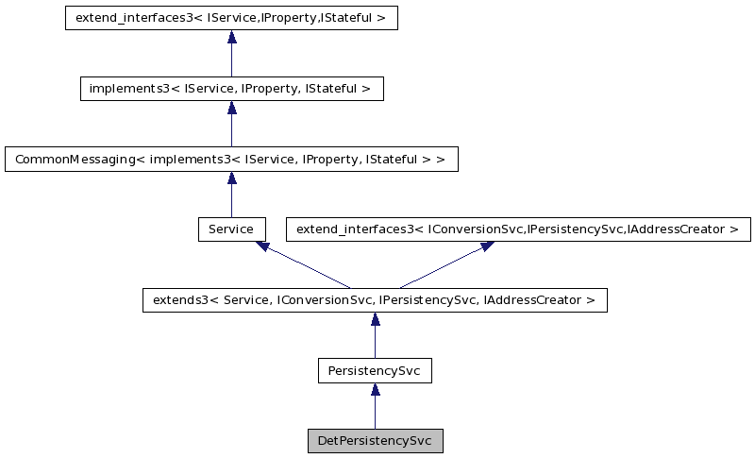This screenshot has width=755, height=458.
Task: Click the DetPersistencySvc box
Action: click(x=375, y=441)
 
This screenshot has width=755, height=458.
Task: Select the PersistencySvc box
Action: click(x=375, y=371)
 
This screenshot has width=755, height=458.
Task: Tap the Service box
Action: click(x=231, y=229)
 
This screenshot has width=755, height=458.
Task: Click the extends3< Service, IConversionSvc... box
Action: click(x=375, y=300)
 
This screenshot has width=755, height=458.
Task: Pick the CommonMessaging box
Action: click(x=231, y=159)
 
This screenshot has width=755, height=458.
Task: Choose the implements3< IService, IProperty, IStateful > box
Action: click(x=231, y=89)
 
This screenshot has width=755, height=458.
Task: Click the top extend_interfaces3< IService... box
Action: click(x=231, y=18)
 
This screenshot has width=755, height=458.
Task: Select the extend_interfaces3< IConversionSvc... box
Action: click(x=518, y=229)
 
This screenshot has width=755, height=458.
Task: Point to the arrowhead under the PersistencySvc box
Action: click(x=375, y=390)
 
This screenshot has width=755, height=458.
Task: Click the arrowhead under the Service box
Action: click(x=263, y=246)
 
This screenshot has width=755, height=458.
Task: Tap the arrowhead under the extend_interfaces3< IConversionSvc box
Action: click(x=487, y=246)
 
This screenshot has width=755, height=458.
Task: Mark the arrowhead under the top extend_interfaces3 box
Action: click(x=231, y=37)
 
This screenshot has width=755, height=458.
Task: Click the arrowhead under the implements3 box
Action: click(x=231, y=108)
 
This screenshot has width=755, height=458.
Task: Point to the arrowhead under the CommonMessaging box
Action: click(x=231, y=178)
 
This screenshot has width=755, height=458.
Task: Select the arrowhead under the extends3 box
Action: click(x=375, y=319)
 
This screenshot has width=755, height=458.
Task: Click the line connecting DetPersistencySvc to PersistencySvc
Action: click(x=375, y=413)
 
